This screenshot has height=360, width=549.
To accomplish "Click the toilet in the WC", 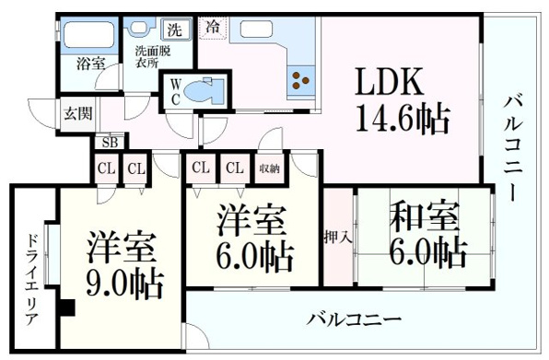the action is click(204, 90).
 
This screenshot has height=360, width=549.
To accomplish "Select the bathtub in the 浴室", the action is click(89, 34).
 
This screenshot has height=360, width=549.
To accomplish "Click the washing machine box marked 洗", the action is click(175, 29).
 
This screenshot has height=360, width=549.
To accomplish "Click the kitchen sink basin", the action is click(257, 29).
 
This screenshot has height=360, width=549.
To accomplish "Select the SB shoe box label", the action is click(110, 143).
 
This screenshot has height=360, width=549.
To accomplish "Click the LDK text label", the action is click(389, 82).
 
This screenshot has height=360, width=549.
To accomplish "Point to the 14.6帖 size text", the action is click(403, 120).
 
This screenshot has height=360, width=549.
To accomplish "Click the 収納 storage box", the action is click(269, 168).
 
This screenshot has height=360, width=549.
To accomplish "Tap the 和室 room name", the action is click(425, 215).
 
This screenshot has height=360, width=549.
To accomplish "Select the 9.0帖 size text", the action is click(124, 285).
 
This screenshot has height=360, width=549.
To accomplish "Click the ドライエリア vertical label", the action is click(31, 280).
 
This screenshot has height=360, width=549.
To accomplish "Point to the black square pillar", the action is click(67, 308).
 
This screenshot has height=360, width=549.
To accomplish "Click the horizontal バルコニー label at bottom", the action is click(354, 319).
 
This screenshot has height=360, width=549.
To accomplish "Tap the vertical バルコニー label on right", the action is click(514, 149).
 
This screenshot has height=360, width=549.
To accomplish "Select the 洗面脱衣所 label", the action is click(153, 57).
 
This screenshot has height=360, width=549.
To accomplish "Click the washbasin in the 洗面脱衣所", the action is click(141, 27).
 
